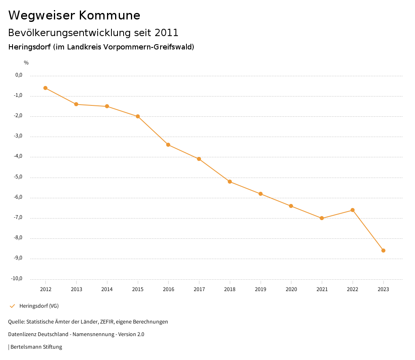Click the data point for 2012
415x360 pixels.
pos(45,88)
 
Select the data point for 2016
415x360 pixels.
pos(168,145)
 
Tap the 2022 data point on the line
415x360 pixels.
pos(353,210)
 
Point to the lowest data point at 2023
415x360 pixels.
pos(383,251)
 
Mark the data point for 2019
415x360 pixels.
pos(261,194)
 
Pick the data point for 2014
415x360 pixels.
pos(107,106)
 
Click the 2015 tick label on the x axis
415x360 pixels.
pos(138,289)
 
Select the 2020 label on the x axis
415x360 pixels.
pos(291,289)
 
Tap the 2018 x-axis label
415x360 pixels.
pos(230,289)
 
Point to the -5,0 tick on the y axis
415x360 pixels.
pos(19,177)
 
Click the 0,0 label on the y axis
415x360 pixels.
pos(19,75)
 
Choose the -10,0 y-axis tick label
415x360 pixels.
pos(17,279)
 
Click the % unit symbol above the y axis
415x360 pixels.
pos(26,63)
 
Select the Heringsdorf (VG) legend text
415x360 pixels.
pos(39,306)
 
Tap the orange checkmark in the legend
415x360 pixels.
pos(12,306)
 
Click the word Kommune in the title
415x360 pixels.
pos(109,15)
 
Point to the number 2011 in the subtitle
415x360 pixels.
pos(167,32)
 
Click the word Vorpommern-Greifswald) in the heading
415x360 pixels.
pos(149,47)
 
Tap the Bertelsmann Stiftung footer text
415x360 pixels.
pos(36,347)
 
